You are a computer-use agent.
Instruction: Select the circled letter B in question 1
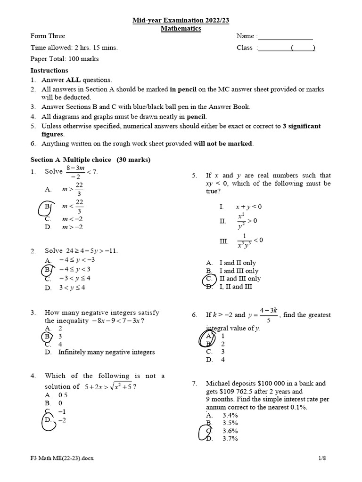(x=48, y=207)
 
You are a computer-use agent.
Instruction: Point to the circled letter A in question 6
(x=209, y=336)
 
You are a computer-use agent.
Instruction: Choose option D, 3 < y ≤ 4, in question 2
(x=71, y=288)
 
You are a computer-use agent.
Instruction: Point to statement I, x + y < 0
(x=248, y=207)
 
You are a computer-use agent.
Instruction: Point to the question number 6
(x=194, y=315)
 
